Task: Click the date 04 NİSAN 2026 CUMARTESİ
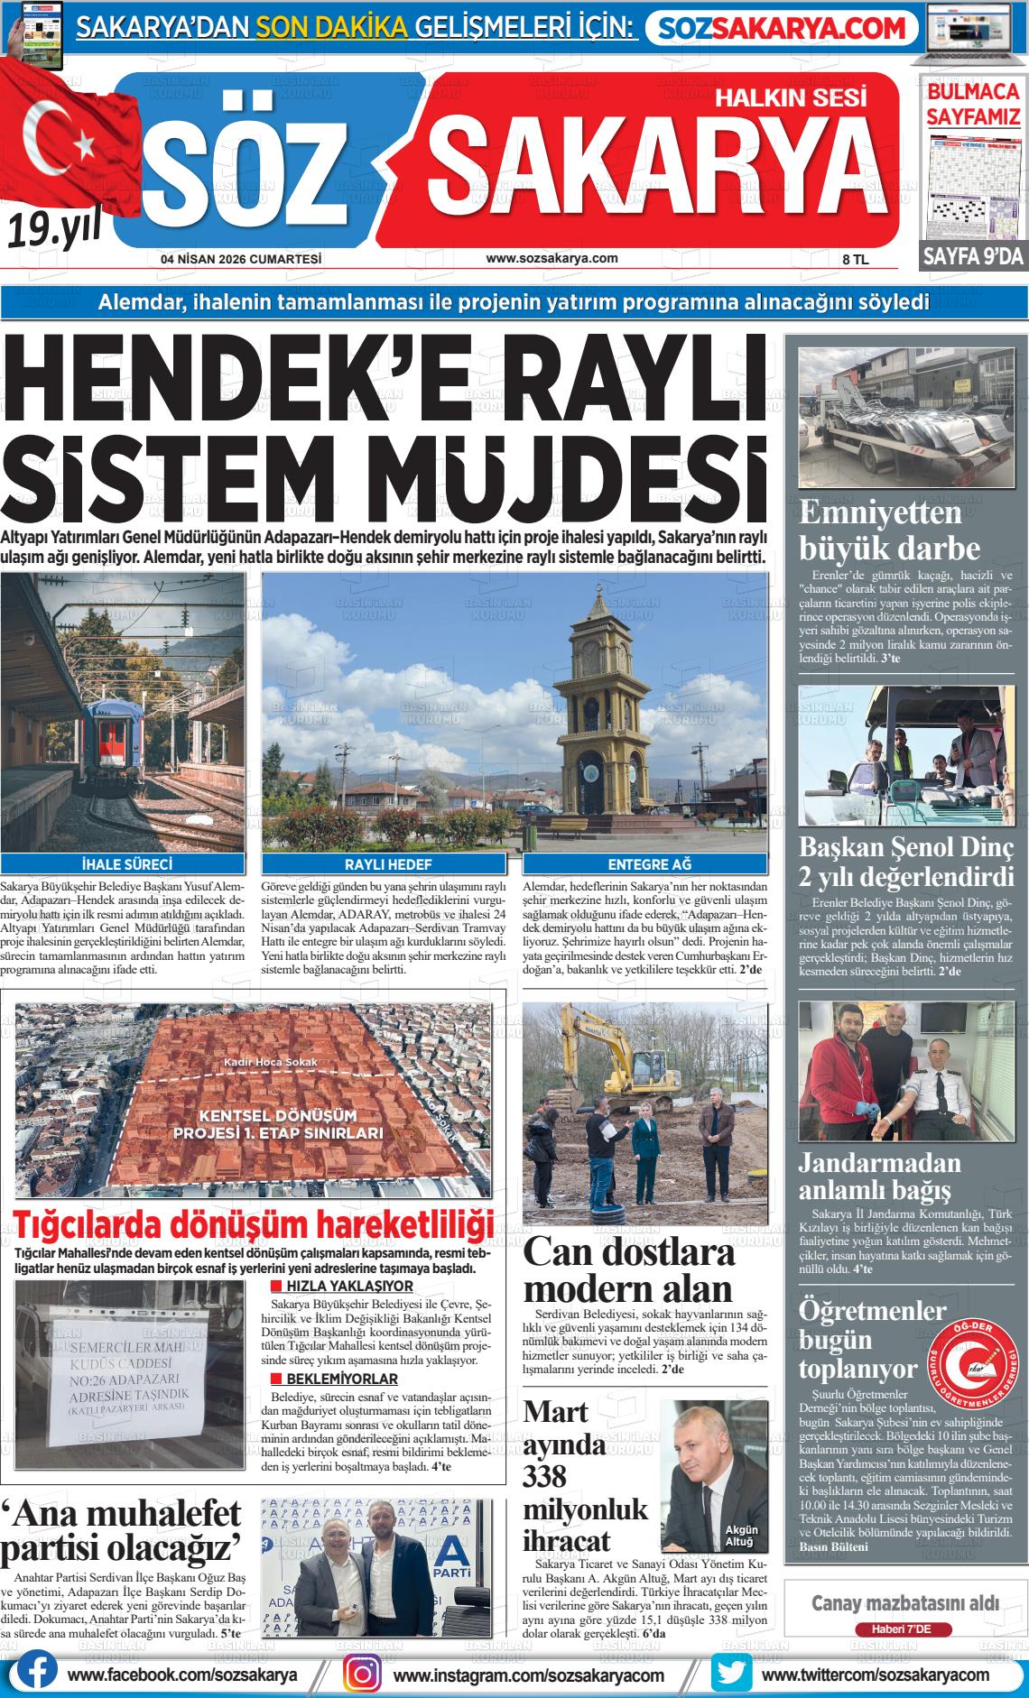pos(241,259)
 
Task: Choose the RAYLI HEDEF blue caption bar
pos(388,864)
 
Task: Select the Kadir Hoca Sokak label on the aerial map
pos(271,1062)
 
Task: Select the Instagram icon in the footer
pos(363,1674)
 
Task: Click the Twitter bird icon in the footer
pos(731,1674)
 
